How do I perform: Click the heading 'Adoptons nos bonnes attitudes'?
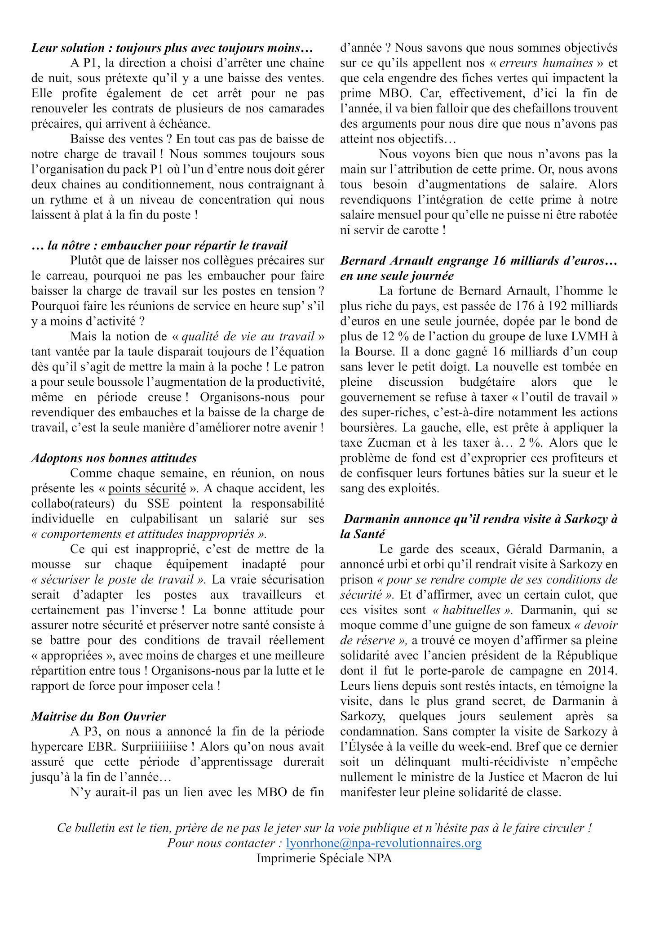click(114, 458)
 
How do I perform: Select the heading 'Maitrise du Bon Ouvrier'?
click(99, 716)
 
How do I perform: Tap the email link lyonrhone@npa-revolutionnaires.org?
click(384, 843)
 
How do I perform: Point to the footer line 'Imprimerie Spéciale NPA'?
click(324, 858)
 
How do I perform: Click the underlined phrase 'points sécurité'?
click(147, 488)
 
